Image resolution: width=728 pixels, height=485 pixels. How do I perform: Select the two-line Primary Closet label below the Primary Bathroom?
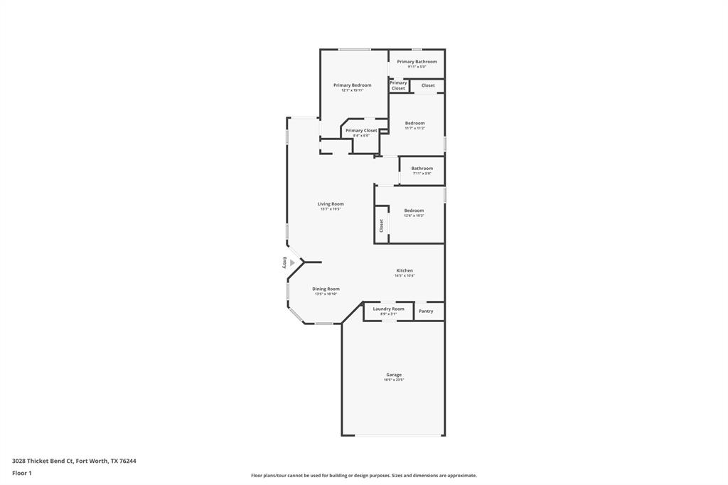pyautogui.click(x=398, y=85)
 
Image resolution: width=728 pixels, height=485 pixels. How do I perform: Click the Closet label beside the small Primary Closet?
pyautogui.click(x=428, y=85)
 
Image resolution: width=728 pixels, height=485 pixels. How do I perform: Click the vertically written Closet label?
pyautogui.click(x=381, y=225)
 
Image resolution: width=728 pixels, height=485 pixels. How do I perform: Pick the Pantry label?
pyautogui.click(x=426, y=311)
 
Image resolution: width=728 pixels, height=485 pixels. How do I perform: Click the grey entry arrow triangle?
pyautogui.click(x=291, y=262)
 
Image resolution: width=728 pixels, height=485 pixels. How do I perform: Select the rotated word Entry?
pyautogui.click(x=284, y=262)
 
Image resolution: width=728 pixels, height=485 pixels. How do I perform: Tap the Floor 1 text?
pyautogui.click(x=22, y=473)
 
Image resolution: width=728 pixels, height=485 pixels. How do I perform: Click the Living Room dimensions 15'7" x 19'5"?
pyautogui.click(x=331, y=209)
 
